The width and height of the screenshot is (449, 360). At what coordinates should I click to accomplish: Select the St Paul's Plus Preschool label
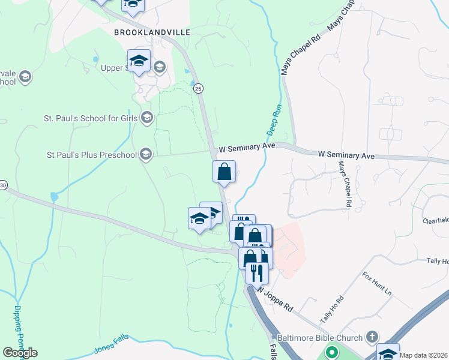pos(92,155)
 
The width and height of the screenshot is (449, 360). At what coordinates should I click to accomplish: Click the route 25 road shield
pos(199,88)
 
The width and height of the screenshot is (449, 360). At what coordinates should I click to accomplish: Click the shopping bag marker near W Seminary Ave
pos(224,172)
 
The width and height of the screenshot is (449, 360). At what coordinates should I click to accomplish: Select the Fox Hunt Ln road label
pos(376,284)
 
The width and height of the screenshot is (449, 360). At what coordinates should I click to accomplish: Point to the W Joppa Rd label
pos(275,298)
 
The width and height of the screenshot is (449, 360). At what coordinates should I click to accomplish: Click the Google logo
pos(20,353)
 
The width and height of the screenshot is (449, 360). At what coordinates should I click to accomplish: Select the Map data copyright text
pos(424,355)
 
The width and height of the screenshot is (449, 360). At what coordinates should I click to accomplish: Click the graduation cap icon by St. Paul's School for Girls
pos(146,118)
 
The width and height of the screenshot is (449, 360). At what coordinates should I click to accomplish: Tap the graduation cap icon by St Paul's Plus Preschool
pos(145,155)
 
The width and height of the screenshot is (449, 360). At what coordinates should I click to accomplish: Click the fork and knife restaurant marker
pos(257,273)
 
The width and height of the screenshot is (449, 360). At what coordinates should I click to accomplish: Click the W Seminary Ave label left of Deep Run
pos(247,147)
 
